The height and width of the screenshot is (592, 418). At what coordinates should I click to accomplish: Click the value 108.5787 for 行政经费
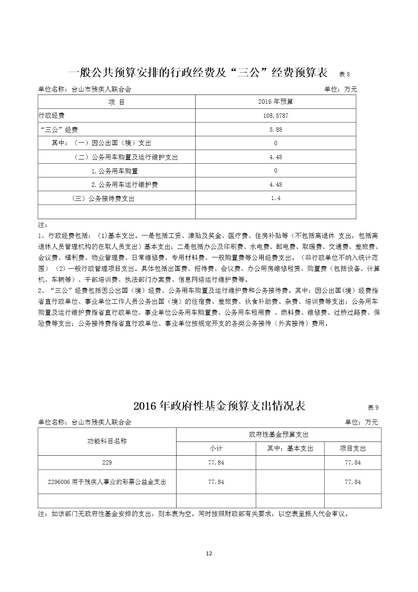coord(276,116)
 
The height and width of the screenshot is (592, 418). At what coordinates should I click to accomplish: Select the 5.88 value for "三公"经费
coord(276,130)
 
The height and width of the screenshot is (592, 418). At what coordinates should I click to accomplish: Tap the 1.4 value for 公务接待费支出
coord(276,198)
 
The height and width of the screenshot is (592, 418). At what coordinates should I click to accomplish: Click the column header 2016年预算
coord(276,102)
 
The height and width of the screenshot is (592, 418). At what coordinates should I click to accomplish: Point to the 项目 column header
coord(116,102)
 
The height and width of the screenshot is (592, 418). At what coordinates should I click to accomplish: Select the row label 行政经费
coord(51,116)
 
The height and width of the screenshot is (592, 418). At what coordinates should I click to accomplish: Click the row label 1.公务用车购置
coord(115,171)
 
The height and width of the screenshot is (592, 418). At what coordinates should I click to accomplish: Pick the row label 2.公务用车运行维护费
coord(124,185)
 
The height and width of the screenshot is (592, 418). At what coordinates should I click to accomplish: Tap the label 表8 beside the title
coord(345,74)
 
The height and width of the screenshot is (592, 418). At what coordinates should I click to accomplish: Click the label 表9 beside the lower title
coord(373,408)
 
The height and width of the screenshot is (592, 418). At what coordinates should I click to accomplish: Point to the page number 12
coord(209,554)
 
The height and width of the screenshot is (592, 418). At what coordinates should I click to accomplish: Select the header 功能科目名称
coord(107,441)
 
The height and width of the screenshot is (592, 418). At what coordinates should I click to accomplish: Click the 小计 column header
coord(216,449)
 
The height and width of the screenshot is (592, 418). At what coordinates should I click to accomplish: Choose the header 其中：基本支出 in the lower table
coord(290,449)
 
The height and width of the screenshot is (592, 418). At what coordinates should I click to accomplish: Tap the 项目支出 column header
coord(353,449)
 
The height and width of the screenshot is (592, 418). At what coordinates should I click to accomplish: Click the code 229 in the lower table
coord(107,463)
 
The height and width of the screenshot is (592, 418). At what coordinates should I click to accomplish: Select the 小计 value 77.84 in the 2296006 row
coord(216,482)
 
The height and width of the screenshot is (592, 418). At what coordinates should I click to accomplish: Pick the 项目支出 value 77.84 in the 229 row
coord(353,463)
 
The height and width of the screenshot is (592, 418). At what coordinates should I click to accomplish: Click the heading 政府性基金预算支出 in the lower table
coord(279,435)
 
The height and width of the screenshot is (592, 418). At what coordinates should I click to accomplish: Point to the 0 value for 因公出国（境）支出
coord(276,143)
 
